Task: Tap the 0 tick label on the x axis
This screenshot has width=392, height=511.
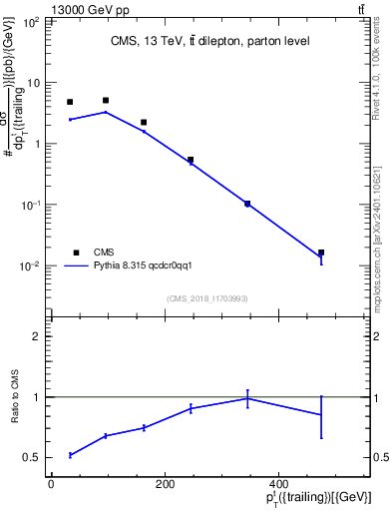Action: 51,483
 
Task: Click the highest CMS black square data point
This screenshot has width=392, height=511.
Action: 106,101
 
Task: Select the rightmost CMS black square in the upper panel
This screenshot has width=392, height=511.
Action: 320,253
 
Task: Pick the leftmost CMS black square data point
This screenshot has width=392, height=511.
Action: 70,102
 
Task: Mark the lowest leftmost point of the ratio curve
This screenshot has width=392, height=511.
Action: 70,455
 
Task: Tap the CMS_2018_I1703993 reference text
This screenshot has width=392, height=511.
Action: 206,298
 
